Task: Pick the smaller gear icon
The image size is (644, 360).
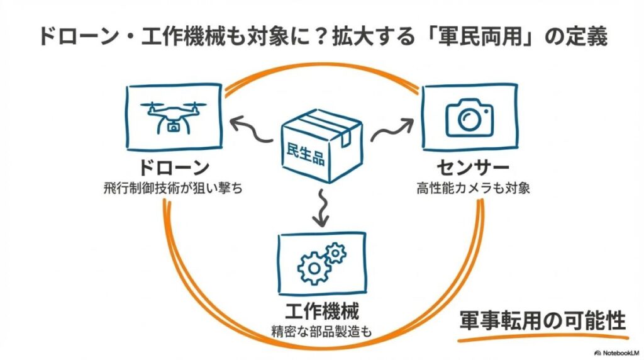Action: pyautogui.click(x=336, y=253)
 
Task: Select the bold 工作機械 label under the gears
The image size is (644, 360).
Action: pyautogui.click(x=323, y=311)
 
